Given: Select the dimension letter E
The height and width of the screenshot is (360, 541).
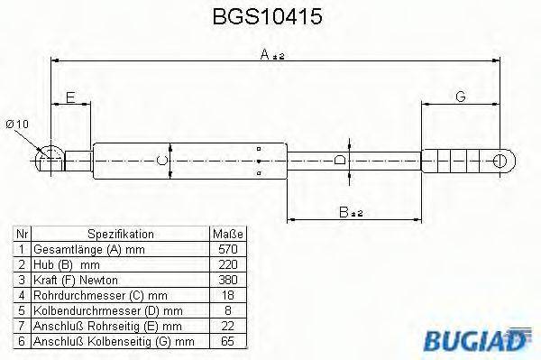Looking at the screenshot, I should click(x=71, y=97).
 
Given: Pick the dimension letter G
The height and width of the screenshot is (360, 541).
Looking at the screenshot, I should click(x=460, y=97).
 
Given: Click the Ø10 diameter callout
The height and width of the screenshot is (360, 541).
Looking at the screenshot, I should click(x=18, y=124).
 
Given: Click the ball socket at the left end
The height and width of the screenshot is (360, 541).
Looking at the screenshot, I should click(x=49, y=161).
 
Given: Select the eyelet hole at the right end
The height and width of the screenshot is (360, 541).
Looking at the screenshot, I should click(x=501, y=161).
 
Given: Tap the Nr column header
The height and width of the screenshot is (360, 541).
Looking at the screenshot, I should click(x=21, y=234).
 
